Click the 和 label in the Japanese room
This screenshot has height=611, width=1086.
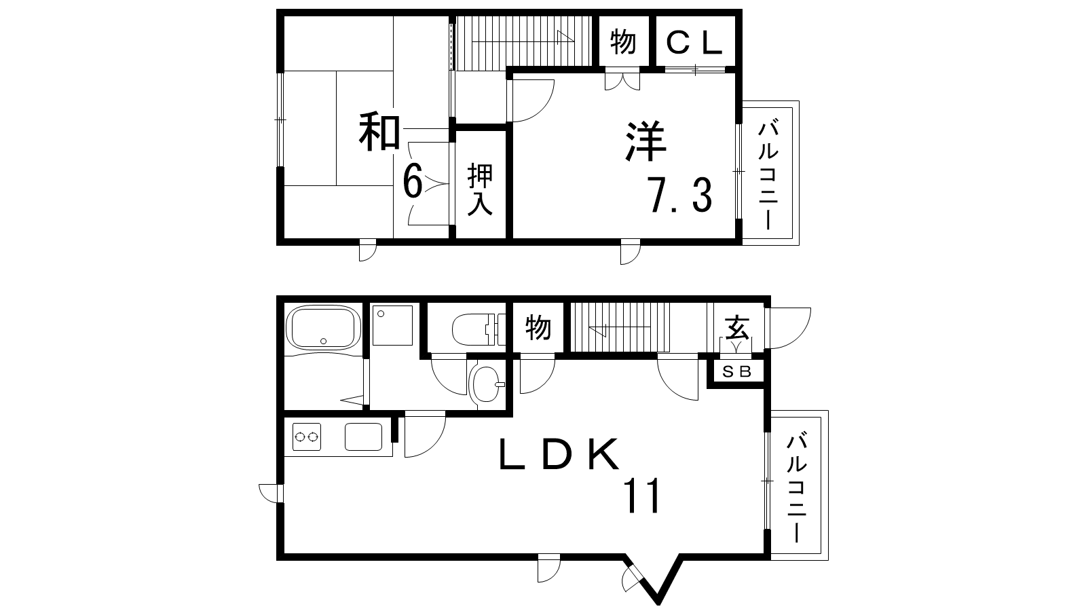tap(379, 132)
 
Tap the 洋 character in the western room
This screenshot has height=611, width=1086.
tap(646, 141)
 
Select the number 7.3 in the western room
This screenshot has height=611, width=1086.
tap(681, 196)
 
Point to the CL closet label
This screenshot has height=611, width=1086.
tap(694, 42)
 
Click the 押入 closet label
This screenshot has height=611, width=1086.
tap(480, 189)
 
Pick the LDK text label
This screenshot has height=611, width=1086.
tap(559, 454)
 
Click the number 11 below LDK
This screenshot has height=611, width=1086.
tap(643, 496)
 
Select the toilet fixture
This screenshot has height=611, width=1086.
tap(479, 330)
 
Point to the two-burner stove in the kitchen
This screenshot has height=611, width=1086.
tap(307, 437)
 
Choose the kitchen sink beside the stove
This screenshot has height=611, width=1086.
tap(364, 437)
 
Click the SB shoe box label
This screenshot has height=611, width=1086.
tap(737, 372)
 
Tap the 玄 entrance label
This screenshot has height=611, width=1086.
tap(737, 327)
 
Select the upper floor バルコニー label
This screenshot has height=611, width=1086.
tap(768, 176)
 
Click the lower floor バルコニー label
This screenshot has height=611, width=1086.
tap(797, 489)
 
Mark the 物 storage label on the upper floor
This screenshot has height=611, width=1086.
tap(623, 41)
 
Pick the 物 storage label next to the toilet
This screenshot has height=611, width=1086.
tap(538, 327)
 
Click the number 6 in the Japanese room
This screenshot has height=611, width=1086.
tap(413, 181)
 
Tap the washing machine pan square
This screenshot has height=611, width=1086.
tap(393, 325)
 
